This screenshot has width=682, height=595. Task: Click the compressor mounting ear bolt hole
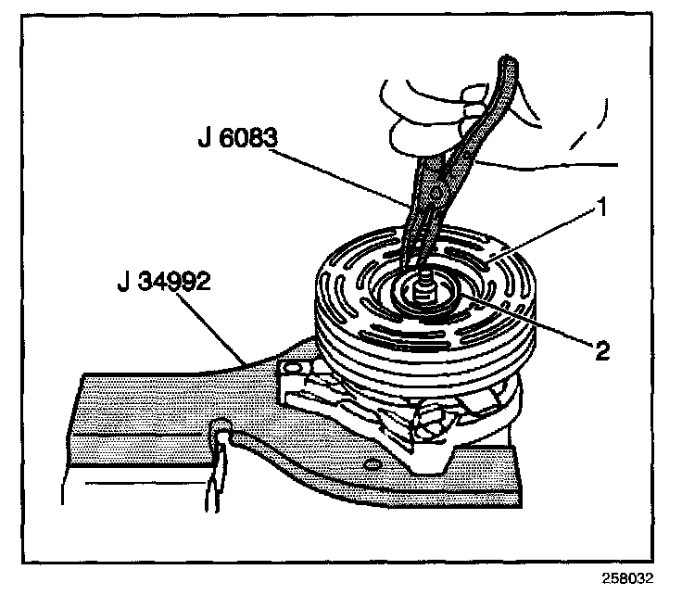(x=296, y=369)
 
